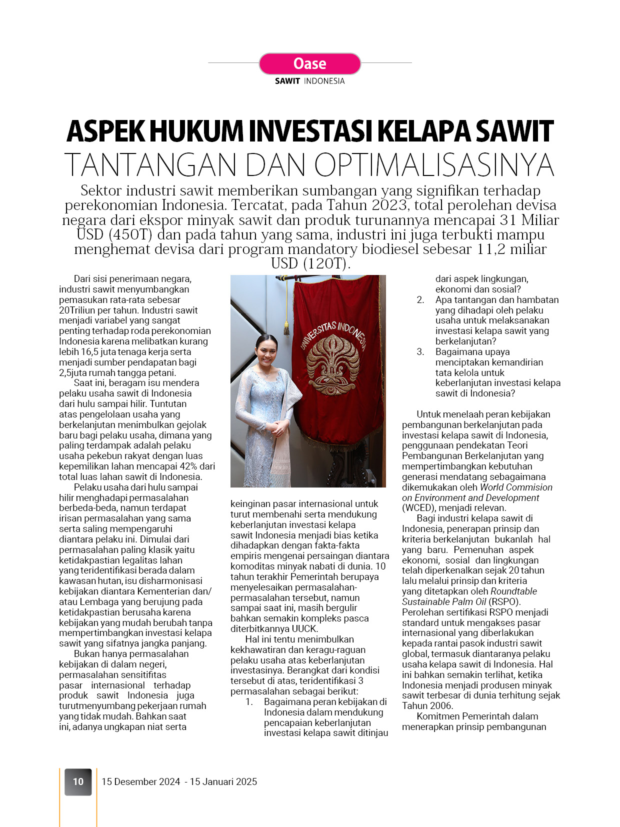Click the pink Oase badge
coord(309,64)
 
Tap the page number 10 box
coord(78,781)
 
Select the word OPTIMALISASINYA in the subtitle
coord(434,164)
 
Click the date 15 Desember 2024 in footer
coord(140,781)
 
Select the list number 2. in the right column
coord(420,300)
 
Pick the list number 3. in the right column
coord(420,352)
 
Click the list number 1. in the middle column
coord(249,702)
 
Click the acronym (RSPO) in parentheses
coord(504,602)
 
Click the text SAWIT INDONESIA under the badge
coord(309,81)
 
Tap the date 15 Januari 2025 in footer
coord(223,781)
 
